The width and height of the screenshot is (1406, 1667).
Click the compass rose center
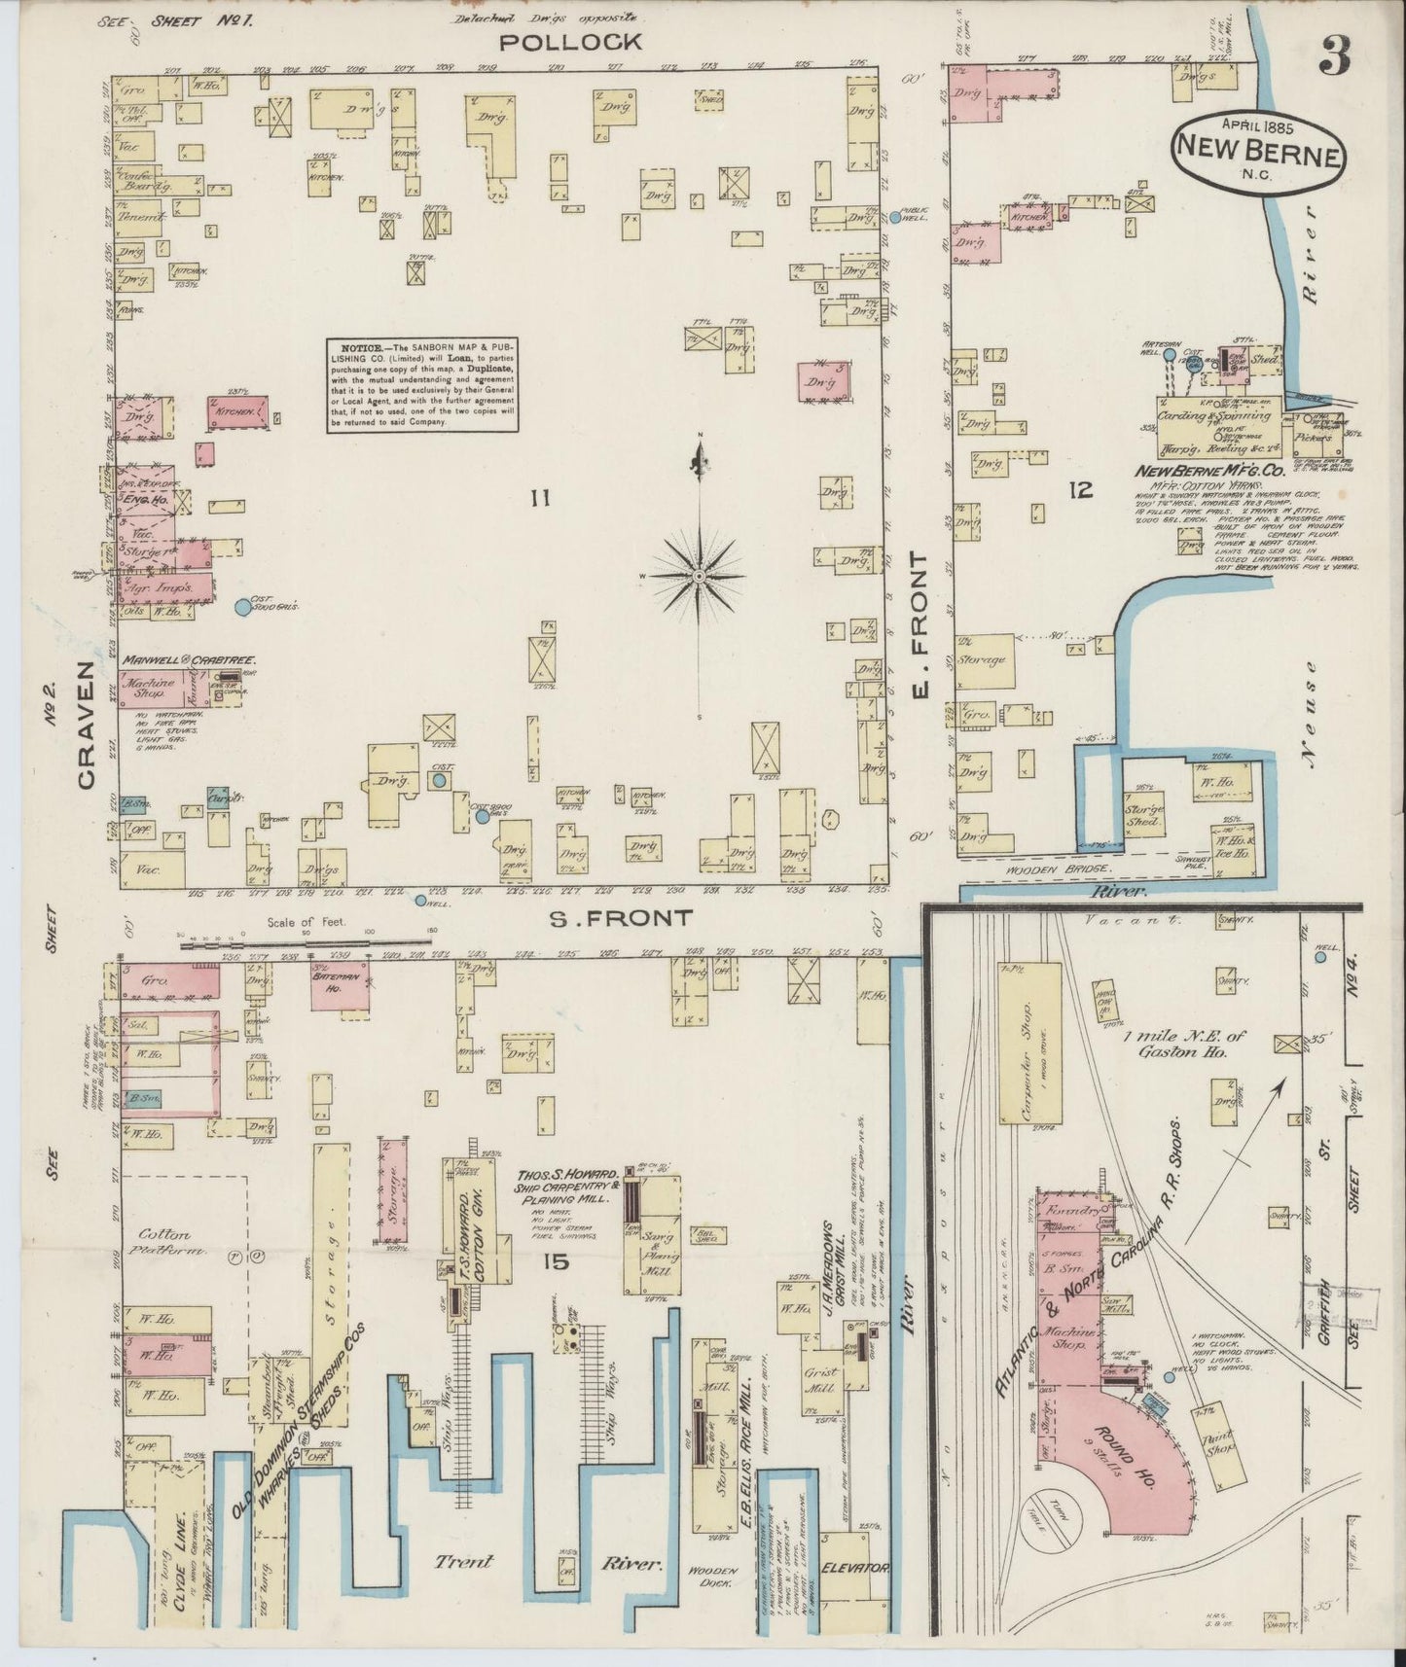pos(700,576)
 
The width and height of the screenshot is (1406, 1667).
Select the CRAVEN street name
pos(87,724)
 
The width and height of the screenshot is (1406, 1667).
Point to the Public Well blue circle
pos(895,217)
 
